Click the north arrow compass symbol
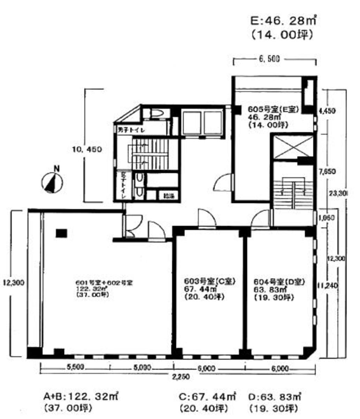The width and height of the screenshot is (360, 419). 52,182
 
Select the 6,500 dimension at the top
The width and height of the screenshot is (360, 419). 269,59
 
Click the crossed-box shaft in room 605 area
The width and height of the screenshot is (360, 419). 292,147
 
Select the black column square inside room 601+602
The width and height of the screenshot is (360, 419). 61,233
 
